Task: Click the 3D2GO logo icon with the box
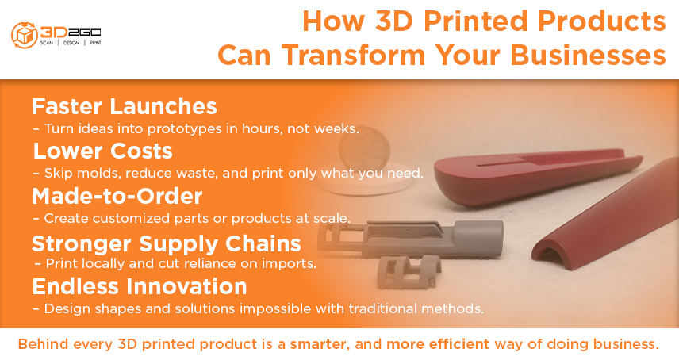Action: (x=25, y=36)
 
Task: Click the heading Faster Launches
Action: (x=125, y=106)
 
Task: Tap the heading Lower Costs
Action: (x=102, y=151)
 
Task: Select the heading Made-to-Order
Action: (x=117, y=196)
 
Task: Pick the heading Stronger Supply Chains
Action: (x=167, y=243)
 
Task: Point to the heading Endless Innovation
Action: (x=140, y=286)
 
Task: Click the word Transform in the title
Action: (x=354, y=56)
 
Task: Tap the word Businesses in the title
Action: (x=588, y=56)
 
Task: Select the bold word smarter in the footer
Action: (x=318, y=344)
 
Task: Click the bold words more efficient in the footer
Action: (x=437, y=344)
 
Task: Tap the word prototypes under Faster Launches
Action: (x=178, y=129)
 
